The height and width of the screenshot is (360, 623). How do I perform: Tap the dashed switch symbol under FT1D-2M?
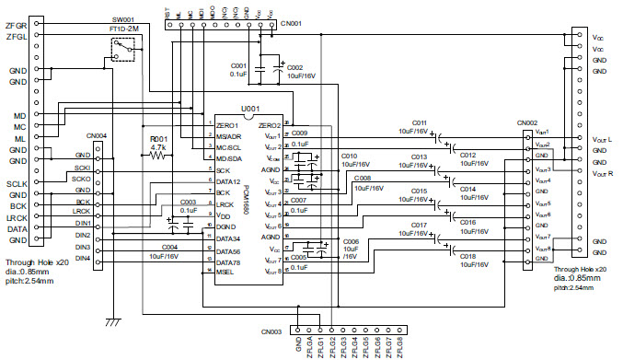click(121, 52)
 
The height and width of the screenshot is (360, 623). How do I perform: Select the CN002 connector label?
click(526, 122)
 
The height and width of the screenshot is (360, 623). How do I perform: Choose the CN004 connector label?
click(95, 135)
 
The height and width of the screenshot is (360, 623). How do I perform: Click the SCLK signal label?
click(17, 183)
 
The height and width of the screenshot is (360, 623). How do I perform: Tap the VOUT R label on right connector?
click(601, 173)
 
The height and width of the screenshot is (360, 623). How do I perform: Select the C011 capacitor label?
click(419, 122)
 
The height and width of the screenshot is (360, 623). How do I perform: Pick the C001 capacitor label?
click(238, 66)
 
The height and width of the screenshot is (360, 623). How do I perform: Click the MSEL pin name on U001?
click(226, 273)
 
